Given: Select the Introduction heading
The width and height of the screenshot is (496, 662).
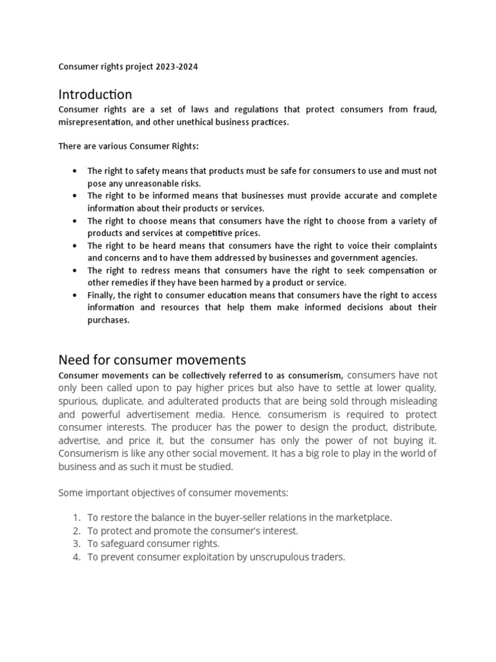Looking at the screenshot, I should [95, 94].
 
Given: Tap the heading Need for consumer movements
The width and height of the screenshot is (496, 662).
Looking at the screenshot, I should [152, 359].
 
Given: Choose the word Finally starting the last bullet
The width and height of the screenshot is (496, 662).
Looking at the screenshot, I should [102, 295].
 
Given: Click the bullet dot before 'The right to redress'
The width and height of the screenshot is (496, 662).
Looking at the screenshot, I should [76, 270].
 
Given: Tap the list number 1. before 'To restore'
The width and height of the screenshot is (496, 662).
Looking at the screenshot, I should [76, 517].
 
